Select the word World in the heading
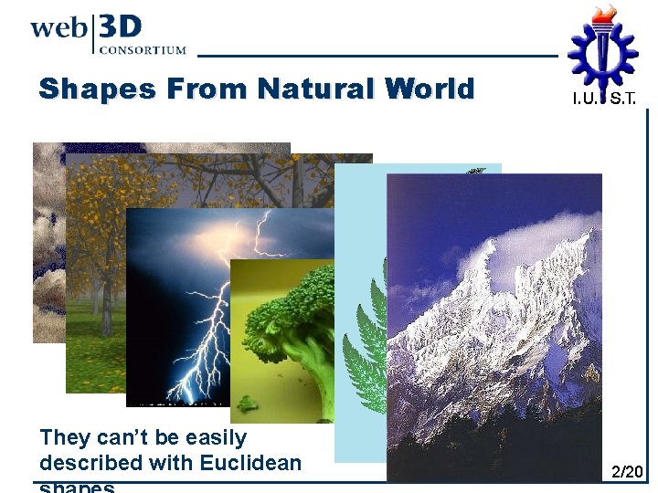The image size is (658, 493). click(x=430, y=89)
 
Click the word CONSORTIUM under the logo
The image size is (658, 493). click(x=142, y=50)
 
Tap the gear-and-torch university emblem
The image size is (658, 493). click(x=603, y=50)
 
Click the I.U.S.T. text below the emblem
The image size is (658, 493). click(x=605, y=98)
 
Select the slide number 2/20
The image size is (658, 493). click(x=627, y=472)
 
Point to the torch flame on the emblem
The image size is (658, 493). click(x=603, y=15)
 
